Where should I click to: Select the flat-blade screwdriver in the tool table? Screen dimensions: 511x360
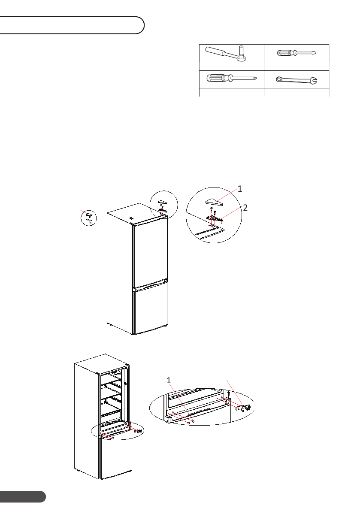(296, 53)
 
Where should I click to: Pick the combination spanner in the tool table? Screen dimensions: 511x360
(296, 79)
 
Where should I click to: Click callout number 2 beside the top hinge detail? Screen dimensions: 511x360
(245, 208)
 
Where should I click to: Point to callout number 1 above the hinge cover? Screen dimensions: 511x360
(240, 188)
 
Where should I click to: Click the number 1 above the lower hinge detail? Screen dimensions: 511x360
(169, 381)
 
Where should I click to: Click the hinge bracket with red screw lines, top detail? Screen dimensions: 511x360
(215, 219)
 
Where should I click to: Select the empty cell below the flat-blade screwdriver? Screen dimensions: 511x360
(296, 66)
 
